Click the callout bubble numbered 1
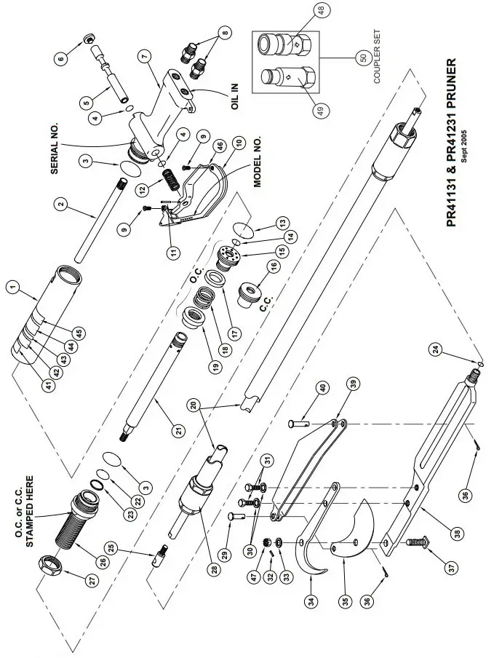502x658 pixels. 12,288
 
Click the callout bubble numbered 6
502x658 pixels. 61,58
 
